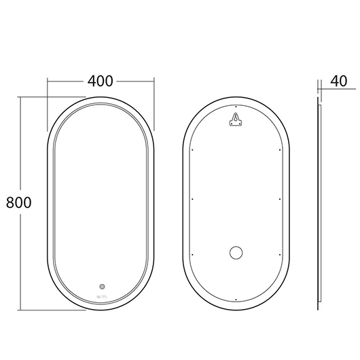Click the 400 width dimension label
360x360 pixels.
pyautogui.click(x=101, y=81)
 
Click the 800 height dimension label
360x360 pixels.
pyautogui.click(x=18, y=202)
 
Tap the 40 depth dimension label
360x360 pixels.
pyautogui.click(x=339, y=81)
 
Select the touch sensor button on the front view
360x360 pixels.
pyautogui.click(x=102, y=287)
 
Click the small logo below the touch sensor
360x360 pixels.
pyautogui.click(x=102, y=296)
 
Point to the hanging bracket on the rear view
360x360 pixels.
pyautogui.click(x=236, y=119)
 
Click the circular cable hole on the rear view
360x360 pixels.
pyautogui.click(x=236, y=253)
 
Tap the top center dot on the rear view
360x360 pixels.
pyautogui.click(x=236, y=107)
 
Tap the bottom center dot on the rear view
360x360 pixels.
pyautogui.click(x=236, y=300)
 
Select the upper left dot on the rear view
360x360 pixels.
pyautogui.click(x=192, y=150)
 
